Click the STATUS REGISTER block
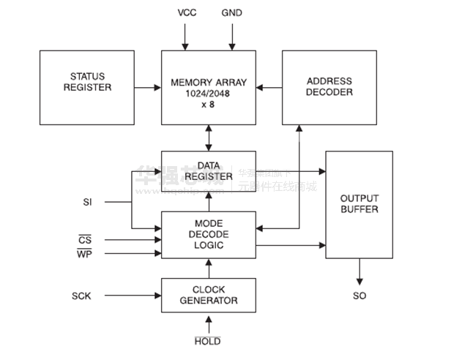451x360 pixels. click(86, 87)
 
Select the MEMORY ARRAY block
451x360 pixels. click(209, 87)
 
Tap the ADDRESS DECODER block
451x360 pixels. click(329, 87)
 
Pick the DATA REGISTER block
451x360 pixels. click(209, 172)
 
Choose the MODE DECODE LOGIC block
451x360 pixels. click(209, 234)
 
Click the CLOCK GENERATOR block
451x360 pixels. click(209, 296)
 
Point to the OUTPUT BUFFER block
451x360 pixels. click(359, 204)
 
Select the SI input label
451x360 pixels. click(87, 201)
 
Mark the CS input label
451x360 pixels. click(85, 239)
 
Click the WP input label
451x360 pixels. click(85, 253)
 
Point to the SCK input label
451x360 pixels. click(81, 296)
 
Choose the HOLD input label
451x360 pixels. click(209, 341)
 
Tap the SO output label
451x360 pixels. click(359, 296)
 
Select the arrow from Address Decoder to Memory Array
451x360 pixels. click(269, 88)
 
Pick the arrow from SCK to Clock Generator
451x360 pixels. click(132, 296)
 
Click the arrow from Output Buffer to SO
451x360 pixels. click(359, 272)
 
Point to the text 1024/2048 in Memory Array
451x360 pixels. click(209, 93)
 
